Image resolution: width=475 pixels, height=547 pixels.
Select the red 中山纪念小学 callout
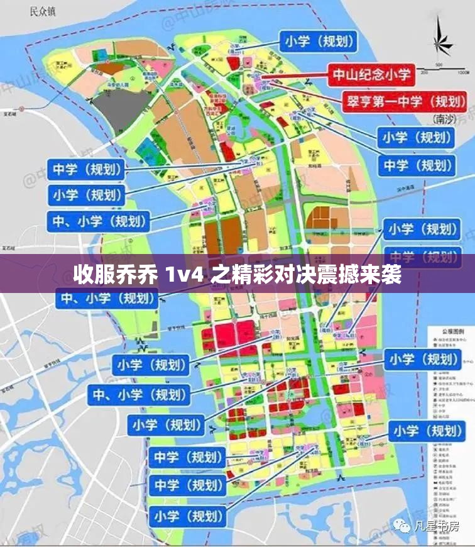coord(371,75)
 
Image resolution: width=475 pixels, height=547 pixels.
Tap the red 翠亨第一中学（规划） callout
coord(405,100)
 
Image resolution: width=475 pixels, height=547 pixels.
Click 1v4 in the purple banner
coord(185,275)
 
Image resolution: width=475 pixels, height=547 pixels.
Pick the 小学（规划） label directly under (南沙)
coord(414,138)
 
